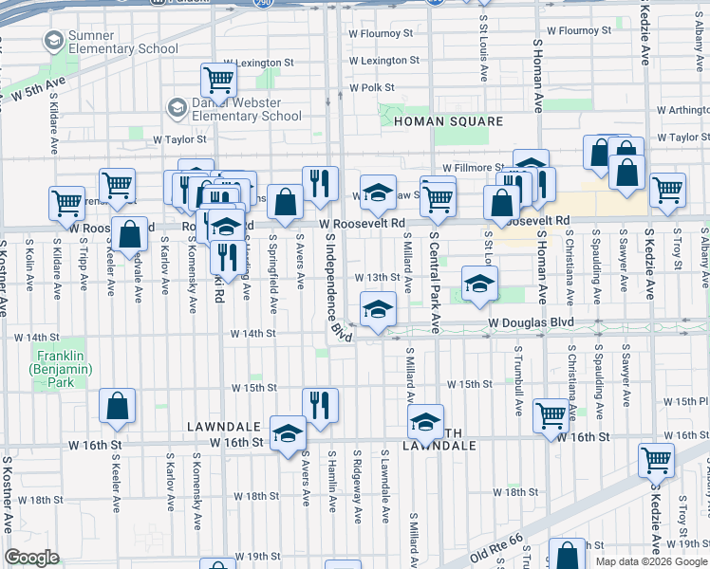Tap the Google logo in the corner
32,558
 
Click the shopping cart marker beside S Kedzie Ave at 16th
656,460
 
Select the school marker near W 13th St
478,283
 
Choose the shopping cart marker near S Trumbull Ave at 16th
551,414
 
